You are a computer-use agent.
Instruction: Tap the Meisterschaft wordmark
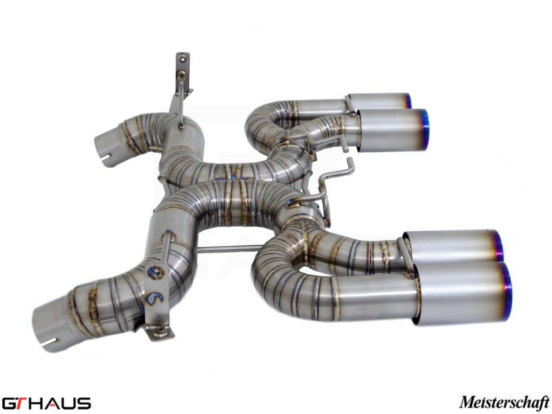(x=505, y=403)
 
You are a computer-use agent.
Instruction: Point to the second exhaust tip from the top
(x=391, y=130)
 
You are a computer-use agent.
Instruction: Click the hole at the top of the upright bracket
(x=182, y=58)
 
